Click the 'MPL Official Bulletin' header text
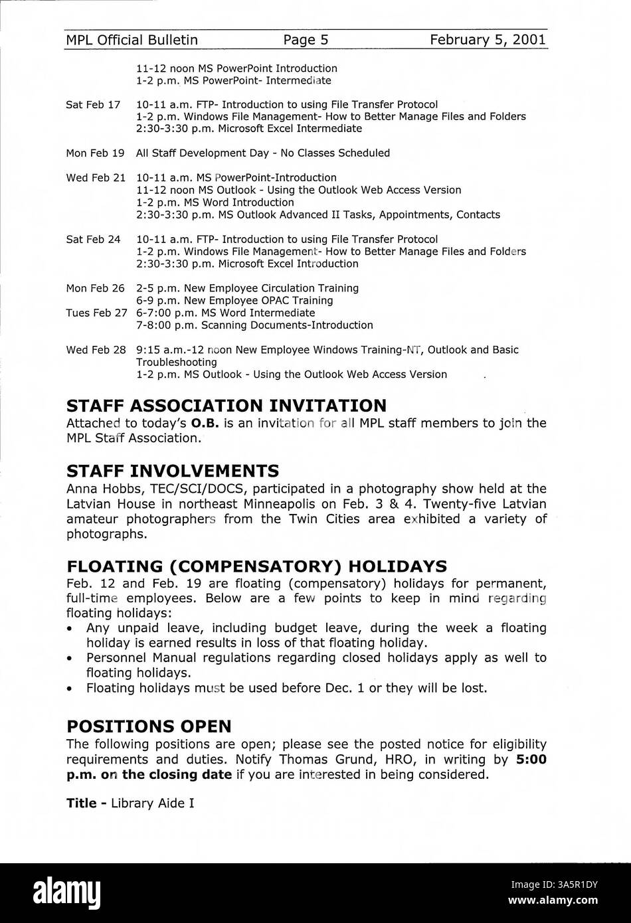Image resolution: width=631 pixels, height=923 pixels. pyautogui.click(x=132, y=40)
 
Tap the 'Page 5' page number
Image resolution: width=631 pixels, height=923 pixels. pyautogui.click(x=306, y=40)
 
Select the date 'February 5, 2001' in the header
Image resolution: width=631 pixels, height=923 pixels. pyautogui.click(x=488, y=40)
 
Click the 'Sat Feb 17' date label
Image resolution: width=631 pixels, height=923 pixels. pyautogui.click(x=93, y=104)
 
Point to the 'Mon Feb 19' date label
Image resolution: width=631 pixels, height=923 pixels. pyautogui.click(x=95, y=153)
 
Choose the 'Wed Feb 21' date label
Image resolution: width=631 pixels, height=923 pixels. pyautogui.click(x=96, y=177)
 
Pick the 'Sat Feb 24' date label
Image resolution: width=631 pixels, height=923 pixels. pyautogui.click(x=93, y=239)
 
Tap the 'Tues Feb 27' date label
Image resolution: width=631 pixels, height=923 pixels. pyautogui.click(x=96, y=313)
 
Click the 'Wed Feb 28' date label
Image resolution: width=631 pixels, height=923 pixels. pyautogui.click(x=96, y=349)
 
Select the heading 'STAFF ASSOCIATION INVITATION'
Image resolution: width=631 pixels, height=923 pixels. pyautogui.click(x=226, y=405)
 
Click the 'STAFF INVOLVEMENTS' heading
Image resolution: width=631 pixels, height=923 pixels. pyautogui.click(x=173, y=471)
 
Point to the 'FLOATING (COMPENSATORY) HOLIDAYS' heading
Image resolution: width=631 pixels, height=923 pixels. pyautogui.click(x=256, y=566)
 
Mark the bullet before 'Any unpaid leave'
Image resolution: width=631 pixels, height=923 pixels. pyautogui.click(x=70, y=628)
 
